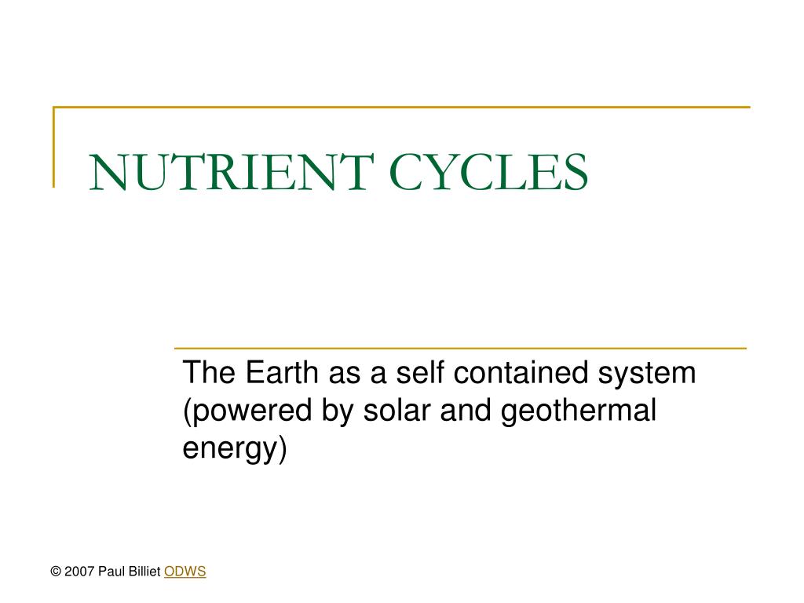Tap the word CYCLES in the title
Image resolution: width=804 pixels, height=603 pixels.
(x=488, y=172)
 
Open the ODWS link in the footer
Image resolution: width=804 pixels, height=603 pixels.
(x=185, y=572)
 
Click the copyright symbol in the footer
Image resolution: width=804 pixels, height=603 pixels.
(x=56, y=572)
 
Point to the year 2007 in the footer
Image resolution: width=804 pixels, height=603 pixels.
(x=79, y=572)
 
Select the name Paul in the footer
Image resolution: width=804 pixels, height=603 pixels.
(x=111, y=572)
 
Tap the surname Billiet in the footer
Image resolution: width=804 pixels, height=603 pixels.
(x=144, y=572)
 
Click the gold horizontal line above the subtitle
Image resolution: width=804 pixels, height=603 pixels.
(x=459, y=348)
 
